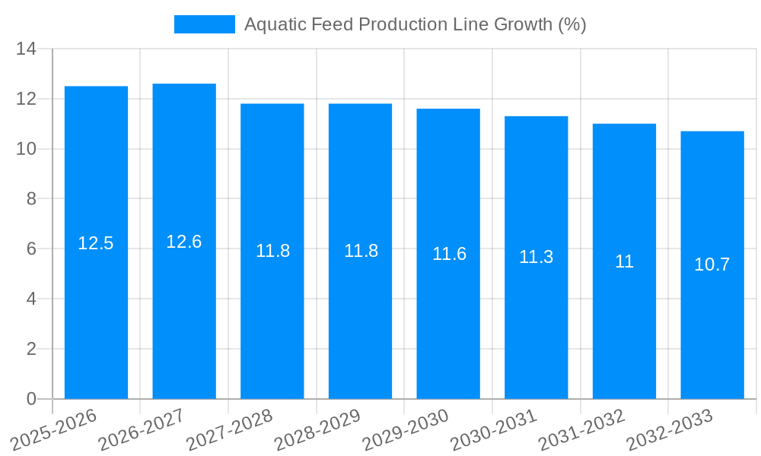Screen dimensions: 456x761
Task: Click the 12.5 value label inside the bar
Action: (x=96, y=244)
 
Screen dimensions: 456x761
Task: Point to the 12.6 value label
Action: (x=184, y=242)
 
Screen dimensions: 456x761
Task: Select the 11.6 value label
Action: (x=449, y=255)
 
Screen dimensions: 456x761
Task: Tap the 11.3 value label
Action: (x=537, y=258)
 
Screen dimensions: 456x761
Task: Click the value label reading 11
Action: (x=624, y=262)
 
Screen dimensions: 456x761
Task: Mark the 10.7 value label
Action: (x=712, y=265)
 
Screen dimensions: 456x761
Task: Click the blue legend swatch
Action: (x=204, y=24)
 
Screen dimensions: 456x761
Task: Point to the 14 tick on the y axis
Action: (x=27, y=49)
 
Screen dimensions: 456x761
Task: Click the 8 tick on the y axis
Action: (x=31, y=199)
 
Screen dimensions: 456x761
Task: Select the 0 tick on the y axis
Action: (x=31, y=399)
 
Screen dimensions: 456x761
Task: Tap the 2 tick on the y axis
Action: (x=31, y=349)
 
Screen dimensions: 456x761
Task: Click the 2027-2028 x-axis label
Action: (x=229, y=429)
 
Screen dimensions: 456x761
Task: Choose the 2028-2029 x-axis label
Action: (x=317, y=429)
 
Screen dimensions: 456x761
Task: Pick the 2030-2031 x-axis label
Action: (x=493, y=429)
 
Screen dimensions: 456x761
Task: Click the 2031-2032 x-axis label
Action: (x=581, y=429)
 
